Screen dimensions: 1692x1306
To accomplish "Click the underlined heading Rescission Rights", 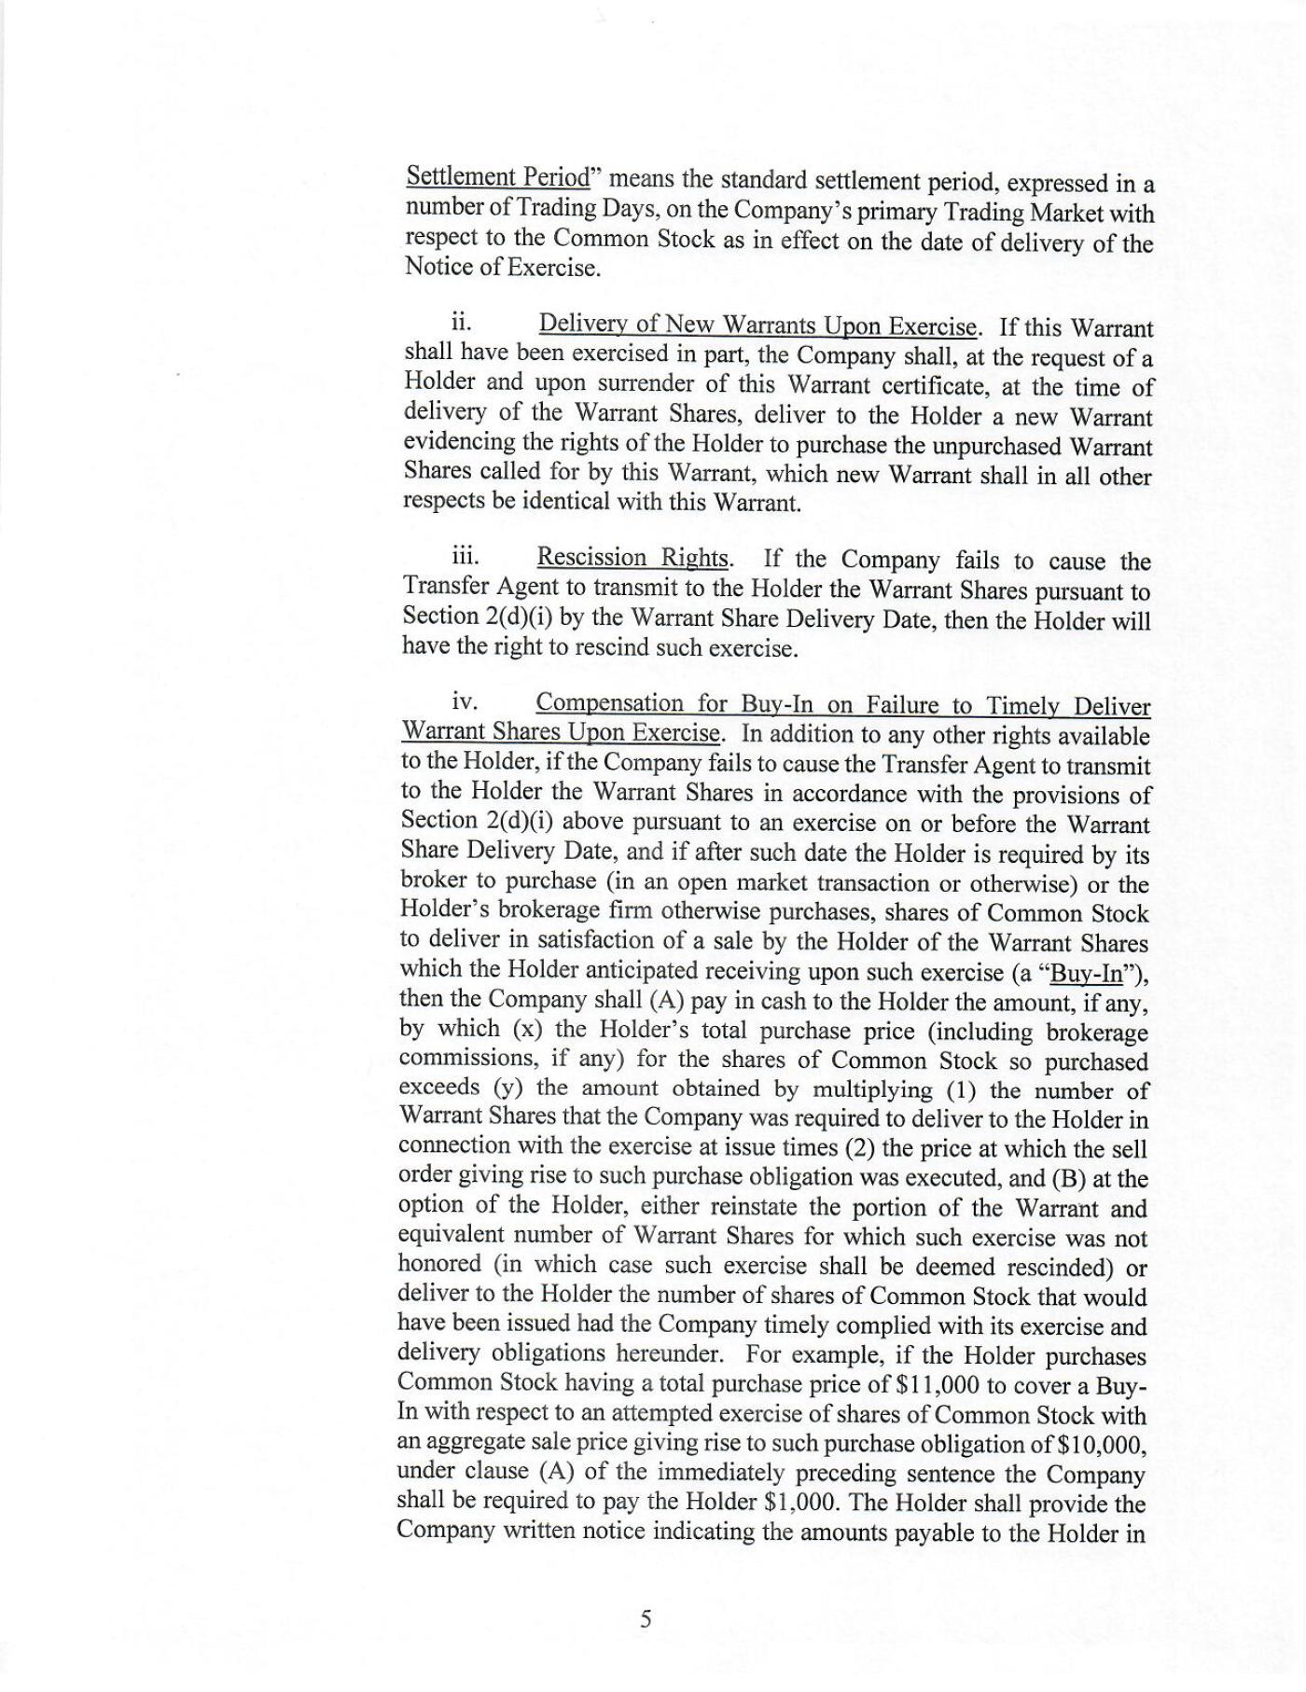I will coord(632,558).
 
